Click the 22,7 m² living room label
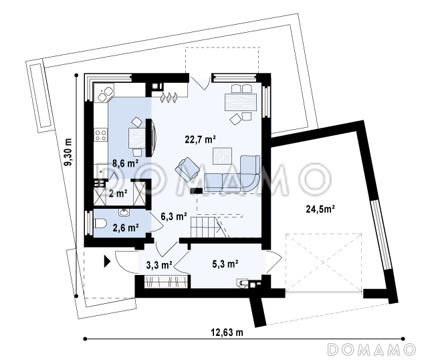tap(201, 140)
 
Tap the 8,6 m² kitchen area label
tap(125, 163)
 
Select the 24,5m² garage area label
tap(320, 209)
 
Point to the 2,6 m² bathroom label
tap(126, 228)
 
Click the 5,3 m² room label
tap(225, 264)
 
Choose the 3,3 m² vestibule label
tap(159, 265)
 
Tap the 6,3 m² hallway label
tap(174, 217)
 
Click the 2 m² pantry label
tap(118, 193)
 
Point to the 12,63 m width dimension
tap(227, 333)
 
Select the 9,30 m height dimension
tap(68, 152)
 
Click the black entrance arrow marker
tap(107, 262)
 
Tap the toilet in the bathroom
tap(100, 223)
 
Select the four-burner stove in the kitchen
tap(100, 135)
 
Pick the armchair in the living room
tap(188, 169)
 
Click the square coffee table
tap(223, 156)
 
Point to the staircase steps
tap(209, 228)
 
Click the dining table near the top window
tap(241, 102)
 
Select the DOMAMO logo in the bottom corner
tap(372, 349)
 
